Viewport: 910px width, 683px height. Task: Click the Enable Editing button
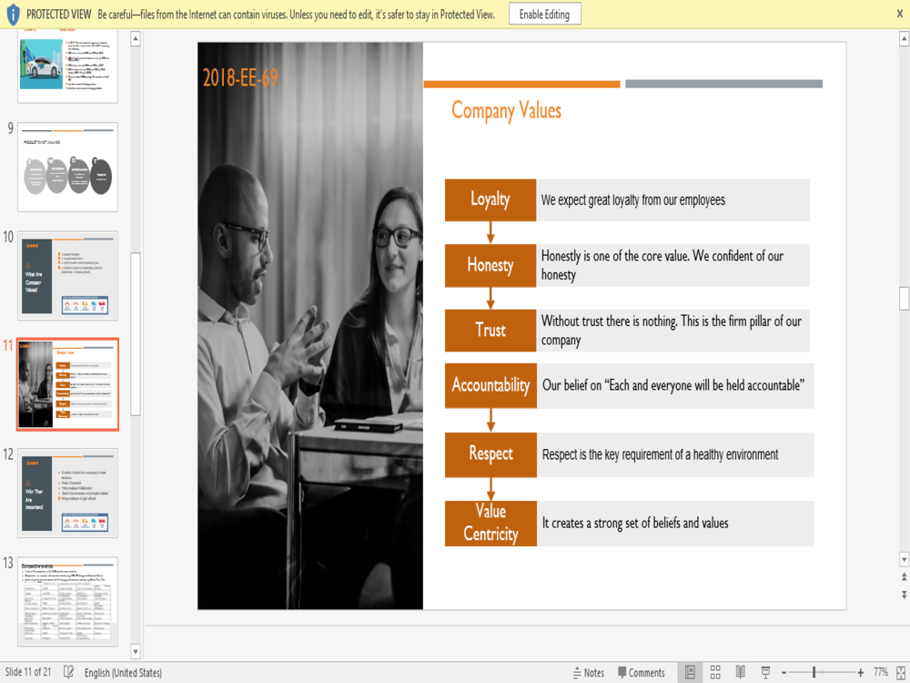click(x=544, y=15)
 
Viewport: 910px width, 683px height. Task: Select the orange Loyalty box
click(x=490, y=199)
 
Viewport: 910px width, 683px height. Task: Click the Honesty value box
click(x=490, y=265)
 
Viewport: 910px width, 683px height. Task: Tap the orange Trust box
click(x=490, y=330)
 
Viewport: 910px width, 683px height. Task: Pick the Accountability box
click(x=490, y=385)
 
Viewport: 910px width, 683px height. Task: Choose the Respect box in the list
click(x=490, y=454)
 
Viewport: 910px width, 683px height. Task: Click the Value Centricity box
click(x=490, y=523)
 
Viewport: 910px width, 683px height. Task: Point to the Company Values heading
click(x=506, y=111)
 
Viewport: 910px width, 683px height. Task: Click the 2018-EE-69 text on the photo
click(x=240, y=77)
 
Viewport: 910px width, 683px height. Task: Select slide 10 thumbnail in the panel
click(x=68, y=275)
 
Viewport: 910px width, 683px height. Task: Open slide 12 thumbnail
click(x=68, y=492)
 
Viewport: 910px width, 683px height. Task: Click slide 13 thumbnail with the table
click(x=68, y=601)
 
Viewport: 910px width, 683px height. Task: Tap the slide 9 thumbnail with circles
click(x=68, y=167)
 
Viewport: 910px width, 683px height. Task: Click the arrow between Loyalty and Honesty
click(x=490, y=232)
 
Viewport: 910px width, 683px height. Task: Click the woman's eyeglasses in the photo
click(x=396, y=237)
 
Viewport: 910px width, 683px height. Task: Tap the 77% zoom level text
click(x=881, y=673)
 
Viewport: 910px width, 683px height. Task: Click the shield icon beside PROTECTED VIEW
click(x=13, y=15)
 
